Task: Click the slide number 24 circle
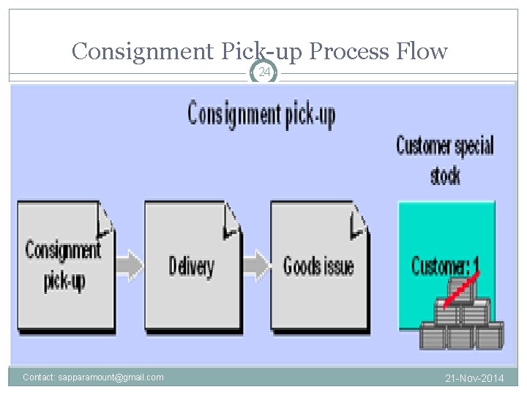tap(264, 72)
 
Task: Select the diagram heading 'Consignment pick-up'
tap(261, 116)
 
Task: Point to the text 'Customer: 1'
tap(445, 265)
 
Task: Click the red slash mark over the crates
tap(461, 287)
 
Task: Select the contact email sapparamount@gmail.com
tap(93, 377)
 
